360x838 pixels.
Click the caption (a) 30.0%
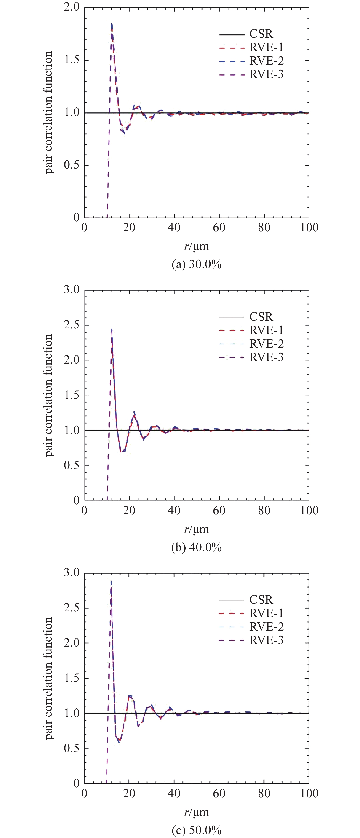pos(197,264)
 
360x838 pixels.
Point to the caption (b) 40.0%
pos(197,547)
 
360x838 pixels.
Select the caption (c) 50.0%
pos(197,830)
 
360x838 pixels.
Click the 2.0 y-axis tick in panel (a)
pos(72,7)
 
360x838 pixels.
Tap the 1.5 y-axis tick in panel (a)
pos(72,60)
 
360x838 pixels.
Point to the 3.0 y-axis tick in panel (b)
pos(72,290)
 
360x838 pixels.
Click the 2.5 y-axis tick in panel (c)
pos(72,608)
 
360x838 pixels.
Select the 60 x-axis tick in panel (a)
pos(219,227)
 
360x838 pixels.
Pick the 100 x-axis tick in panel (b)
pos(309,510)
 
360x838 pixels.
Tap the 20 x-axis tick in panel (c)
pos(129,793)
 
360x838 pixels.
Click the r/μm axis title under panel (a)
pos(197,246)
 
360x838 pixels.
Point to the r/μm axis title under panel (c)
pos(197,812)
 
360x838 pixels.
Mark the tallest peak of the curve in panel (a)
pos(112,24)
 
